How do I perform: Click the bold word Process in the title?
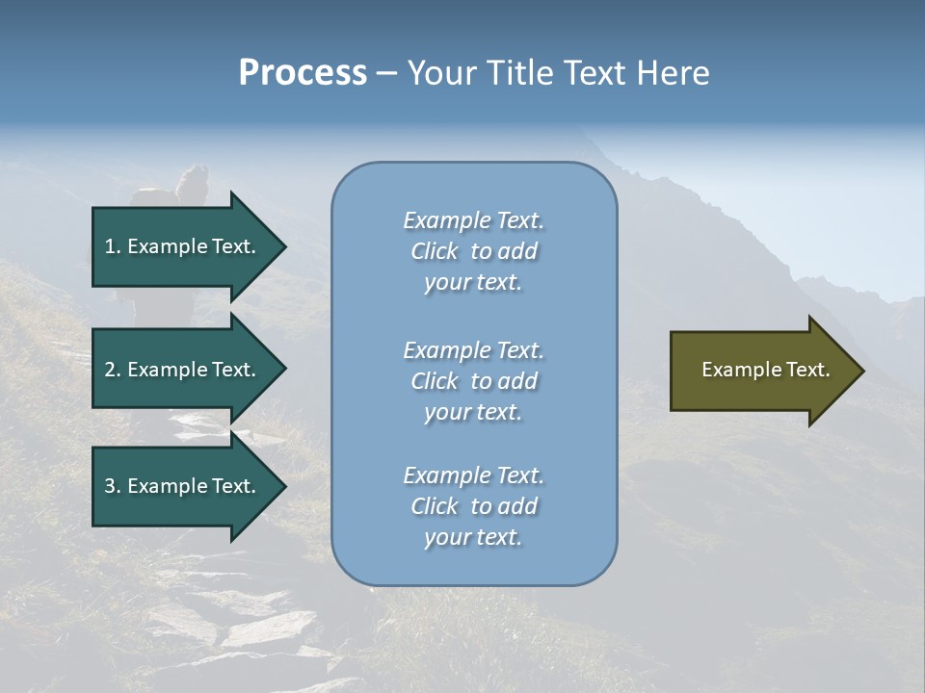303,73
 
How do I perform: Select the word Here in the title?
674,73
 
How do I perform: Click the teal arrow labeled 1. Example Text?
183,246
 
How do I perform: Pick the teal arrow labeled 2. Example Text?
183,370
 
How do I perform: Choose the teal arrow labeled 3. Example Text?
183,486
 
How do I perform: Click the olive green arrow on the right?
761,370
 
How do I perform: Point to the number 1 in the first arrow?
111,246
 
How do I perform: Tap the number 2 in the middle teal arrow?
111,370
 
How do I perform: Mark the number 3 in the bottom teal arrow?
111,486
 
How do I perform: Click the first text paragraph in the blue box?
473,251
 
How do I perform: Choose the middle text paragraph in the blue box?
473,380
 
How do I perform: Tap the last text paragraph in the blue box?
473,506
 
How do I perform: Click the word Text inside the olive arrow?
808,370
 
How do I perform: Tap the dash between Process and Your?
386,73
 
